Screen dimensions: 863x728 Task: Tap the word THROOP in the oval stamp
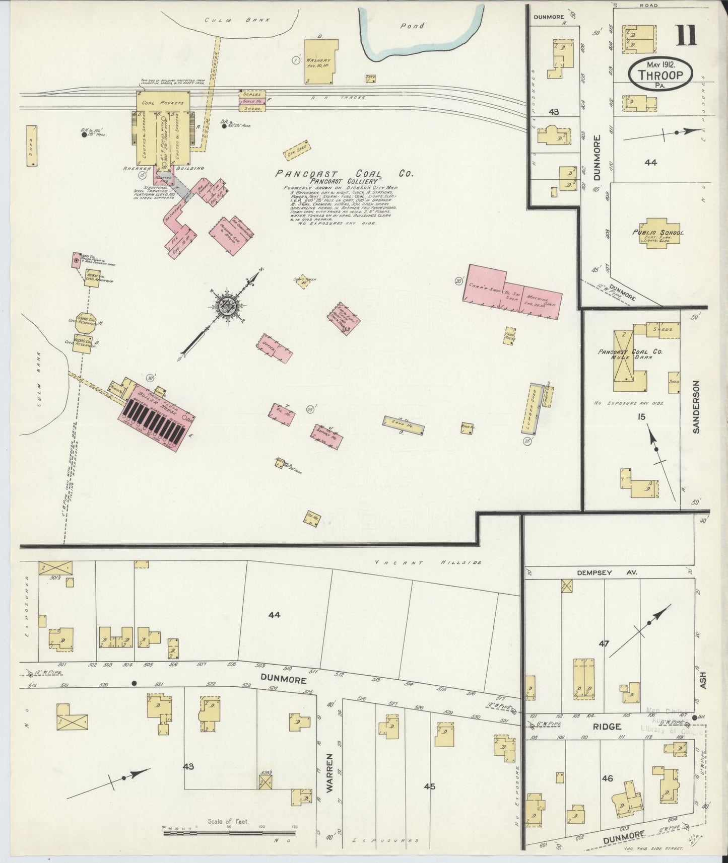click(x=660, y=76)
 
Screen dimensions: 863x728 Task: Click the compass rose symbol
click(x=223, y=305)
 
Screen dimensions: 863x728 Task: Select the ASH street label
click(x=703, y=680)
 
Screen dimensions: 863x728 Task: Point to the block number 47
click(x=604, y=643)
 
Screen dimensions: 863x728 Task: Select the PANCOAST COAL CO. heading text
click(x=344, y=174)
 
